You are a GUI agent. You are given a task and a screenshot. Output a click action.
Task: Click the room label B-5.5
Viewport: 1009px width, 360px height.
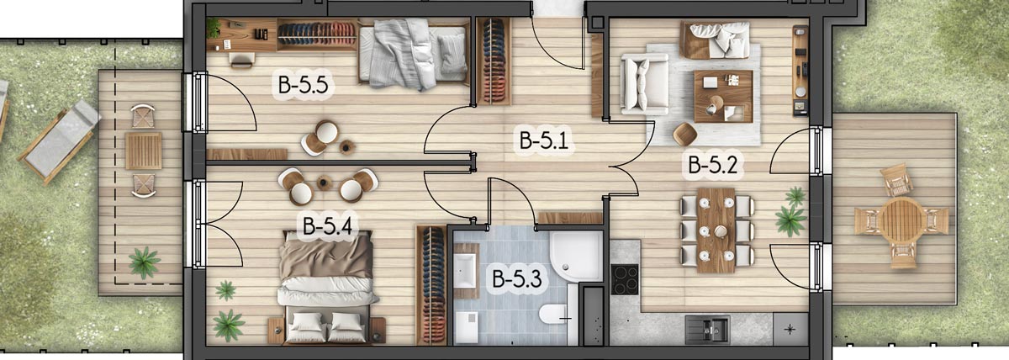click(x=303, y=84)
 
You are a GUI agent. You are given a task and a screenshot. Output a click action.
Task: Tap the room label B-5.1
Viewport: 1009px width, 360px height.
click(x=544, y=140)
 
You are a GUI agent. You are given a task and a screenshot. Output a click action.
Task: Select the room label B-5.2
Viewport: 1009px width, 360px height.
click(x=713, y=165)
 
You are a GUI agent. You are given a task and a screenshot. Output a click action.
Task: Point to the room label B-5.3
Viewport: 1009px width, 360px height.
click(x=516, y=278)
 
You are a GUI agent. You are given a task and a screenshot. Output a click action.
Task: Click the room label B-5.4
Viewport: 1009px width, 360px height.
click(x=327, y=225)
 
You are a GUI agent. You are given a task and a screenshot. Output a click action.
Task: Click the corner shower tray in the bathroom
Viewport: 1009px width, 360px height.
click(x=576, y=257)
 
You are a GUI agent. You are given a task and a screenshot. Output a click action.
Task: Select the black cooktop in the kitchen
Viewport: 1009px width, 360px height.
click(x=624, y=279)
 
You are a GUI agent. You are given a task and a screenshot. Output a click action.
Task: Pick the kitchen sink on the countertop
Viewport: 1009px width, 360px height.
click(x=707, y=329)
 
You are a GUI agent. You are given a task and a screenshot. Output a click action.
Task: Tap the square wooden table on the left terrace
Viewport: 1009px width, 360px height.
click(x=143, y=151)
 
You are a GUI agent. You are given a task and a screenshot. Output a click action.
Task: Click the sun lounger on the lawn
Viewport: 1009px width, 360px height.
click(x=59, y=141)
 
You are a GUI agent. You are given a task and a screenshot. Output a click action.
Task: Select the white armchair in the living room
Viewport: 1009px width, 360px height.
click(x=644, y=84)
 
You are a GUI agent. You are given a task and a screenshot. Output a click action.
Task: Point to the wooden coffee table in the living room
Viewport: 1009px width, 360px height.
click(x=723, y=97)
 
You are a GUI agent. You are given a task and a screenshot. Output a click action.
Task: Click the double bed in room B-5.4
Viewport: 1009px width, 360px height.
click(x=327, y=287)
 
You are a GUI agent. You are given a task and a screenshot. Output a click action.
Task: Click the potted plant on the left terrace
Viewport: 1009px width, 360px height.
click(x=144, y=262)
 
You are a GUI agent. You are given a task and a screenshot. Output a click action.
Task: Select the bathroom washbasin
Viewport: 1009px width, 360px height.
click(x=466, y=271)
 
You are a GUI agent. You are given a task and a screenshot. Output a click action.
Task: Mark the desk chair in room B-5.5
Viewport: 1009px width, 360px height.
click(x=242, y=60)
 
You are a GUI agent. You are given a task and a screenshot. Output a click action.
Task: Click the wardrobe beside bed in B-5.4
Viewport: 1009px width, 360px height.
click(x=431, y=284)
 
